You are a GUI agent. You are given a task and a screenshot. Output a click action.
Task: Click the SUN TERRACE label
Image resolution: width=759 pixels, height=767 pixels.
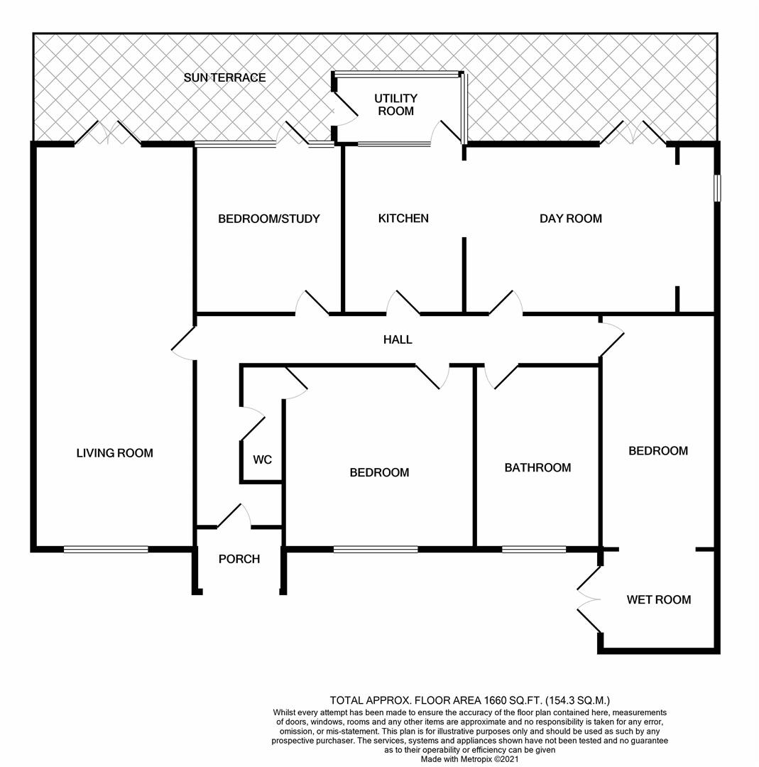[224, 77]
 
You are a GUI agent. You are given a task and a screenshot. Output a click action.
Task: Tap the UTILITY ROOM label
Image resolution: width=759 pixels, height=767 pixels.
[396, 104]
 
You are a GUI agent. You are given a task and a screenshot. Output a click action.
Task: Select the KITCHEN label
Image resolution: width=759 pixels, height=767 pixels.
[403, 218]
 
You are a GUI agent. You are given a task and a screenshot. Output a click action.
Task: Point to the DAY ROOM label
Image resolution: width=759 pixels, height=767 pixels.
[570, 218]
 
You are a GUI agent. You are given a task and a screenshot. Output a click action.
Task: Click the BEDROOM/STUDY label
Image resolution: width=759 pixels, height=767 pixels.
[268, 218]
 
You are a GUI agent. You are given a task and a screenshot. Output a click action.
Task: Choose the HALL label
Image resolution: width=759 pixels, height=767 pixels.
[398, 339]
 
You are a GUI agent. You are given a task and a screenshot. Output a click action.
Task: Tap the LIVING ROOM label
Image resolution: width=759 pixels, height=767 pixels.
[114, 452]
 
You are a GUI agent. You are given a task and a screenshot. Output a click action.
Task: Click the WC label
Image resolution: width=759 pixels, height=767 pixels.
[262, 459]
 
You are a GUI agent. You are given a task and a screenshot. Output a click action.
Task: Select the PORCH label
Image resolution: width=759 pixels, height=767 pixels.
[239, 559]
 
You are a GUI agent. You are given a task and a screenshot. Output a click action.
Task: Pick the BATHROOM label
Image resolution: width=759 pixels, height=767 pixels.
[537, 467]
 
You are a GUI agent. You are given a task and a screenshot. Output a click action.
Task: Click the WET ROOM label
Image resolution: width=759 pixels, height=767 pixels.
[658, 599]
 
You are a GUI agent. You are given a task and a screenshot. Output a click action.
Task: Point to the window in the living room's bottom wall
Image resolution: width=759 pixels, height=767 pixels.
[106, 549]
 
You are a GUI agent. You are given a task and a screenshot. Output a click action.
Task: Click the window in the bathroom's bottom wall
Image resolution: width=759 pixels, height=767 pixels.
[534, 549]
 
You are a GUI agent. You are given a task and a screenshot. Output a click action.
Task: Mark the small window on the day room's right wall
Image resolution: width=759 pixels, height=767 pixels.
[717, 187]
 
